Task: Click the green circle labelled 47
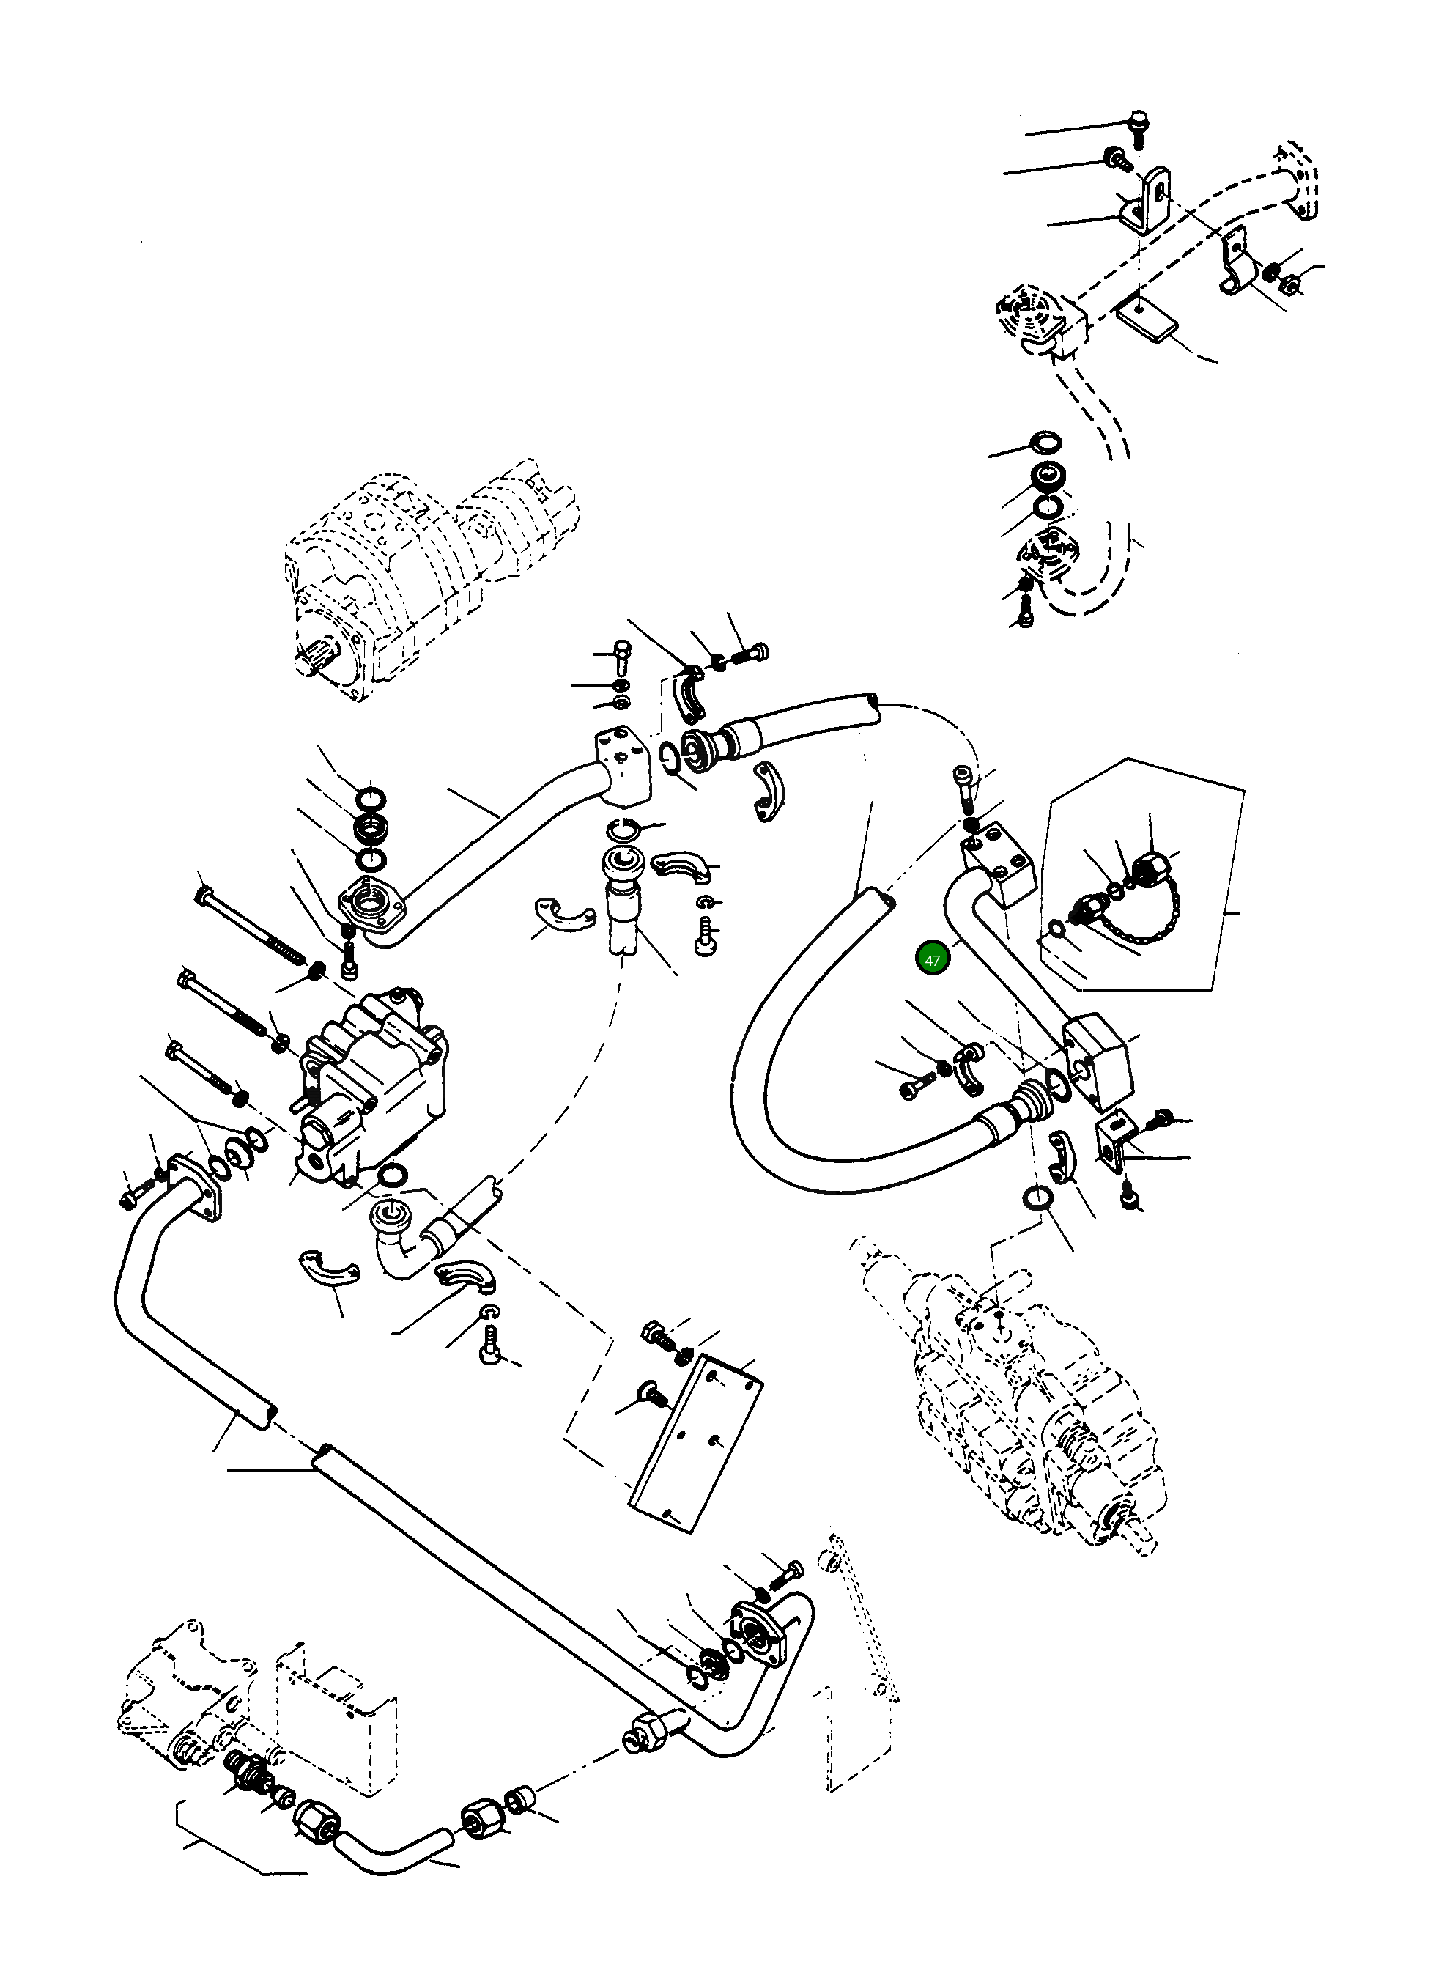tap(932, 960)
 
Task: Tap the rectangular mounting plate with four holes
tap(696, 1445)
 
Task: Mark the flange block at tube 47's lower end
tap(1099, 1060)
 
